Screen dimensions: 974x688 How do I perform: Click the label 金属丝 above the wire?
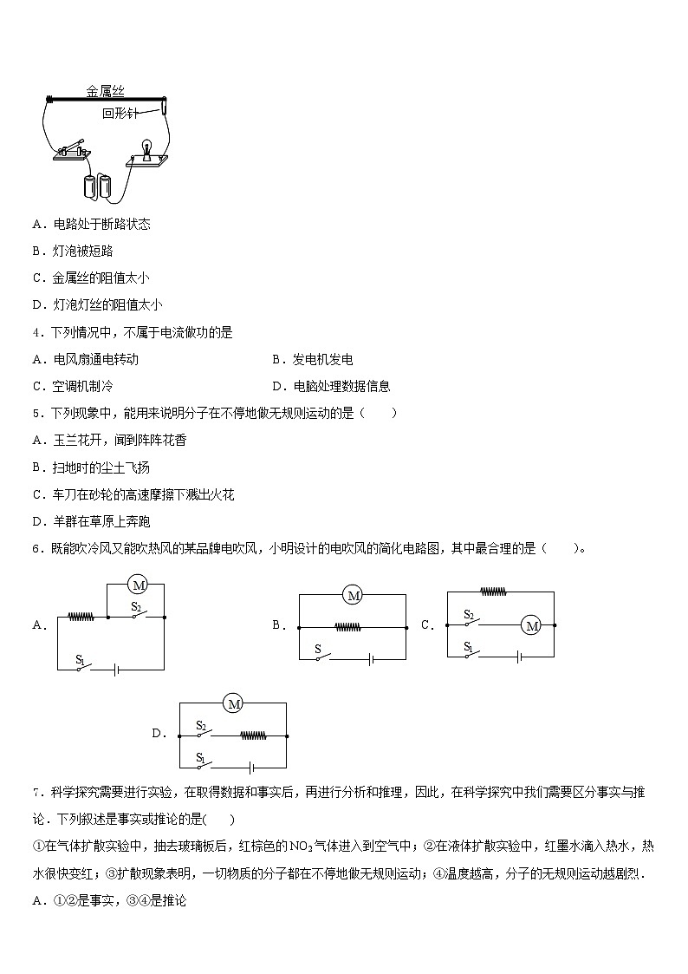click(105, 90)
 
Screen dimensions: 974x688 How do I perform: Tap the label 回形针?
click(120, 114)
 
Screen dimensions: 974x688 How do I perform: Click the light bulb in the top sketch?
click(147, 147)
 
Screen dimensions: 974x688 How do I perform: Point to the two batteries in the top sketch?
click(97, 186)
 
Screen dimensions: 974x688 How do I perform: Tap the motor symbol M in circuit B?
click(352, 594)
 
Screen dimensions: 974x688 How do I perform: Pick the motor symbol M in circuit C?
click(532, 624)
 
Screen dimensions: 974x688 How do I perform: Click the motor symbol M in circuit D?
click(233, 704)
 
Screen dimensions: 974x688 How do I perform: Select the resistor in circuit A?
click(81, 618)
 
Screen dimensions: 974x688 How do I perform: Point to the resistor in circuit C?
click(492, 592)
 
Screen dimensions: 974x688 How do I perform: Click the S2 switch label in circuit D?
click(201, 725)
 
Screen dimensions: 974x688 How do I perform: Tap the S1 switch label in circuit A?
click(80, 660)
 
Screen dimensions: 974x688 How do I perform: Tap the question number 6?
click(36, 548)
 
